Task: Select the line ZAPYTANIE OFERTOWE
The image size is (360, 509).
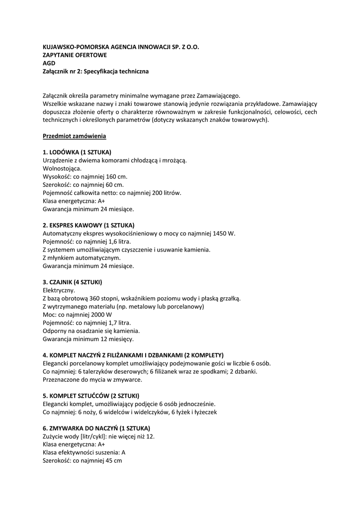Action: point(75,55)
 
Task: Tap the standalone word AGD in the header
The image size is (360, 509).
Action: point(49,63)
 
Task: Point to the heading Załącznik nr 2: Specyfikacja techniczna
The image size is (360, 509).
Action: point(95,71)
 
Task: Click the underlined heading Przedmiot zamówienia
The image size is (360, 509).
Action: point(74,136)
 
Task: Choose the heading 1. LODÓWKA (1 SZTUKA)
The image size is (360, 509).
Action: point(77,152)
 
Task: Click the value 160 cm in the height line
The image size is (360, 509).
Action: point(116,176)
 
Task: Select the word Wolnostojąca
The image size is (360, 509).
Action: point(62,168)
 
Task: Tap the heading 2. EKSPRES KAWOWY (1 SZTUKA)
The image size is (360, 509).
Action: point(89,225)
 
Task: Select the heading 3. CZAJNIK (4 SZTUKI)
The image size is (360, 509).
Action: point(72,282)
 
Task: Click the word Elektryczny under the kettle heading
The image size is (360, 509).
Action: point(59,290)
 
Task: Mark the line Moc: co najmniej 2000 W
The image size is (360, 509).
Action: point(78,314)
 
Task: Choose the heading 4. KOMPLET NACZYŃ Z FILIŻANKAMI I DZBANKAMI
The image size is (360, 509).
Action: point(133,355)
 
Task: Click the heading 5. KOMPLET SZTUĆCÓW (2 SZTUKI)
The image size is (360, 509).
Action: point(90,396)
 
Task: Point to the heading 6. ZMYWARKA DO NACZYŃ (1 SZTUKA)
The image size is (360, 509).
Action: point(96,428)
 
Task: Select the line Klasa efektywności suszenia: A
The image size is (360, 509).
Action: point(84,452)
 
